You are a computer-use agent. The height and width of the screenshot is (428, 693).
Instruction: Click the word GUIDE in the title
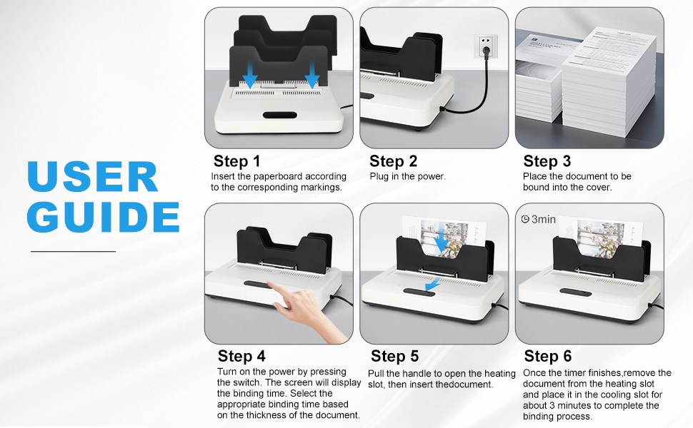pyautogui.click(x=103, y=216)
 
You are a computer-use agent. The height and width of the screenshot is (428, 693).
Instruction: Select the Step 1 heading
pyautogui.click(x=236, y=161)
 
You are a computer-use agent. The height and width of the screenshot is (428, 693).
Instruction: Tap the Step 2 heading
pyautogui.click(x=393, y=161)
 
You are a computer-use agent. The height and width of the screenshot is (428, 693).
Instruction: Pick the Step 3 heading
pyautogui.click(x=547, y=161)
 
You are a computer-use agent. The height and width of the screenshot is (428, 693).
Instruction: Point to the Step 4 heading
pyautogui.click(x=241, y=356)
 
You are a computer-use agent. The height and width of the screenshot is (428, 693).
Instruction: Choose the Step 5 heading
pyautogui.click(x=395, y=356)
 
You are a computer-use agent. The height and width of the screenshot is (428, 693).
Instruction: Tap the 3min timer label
pyautogui.click(x=543, y=219)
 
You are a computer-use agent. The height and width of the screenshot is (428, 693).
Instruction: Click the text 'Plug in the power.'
pyautogui.click(x=407, y=176)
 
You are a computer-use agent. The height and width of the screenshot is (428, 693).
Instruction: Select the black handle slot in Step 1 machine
pyautogui.click(x=280, y=115)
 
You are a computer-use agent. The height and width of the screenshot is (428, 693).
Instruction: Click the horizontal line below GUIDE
pyautogui.click(x=72, y=251)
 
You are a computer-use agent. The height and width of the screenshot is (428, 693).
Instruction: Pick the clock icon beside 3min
pyautogui.click(x=525, y=219)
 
